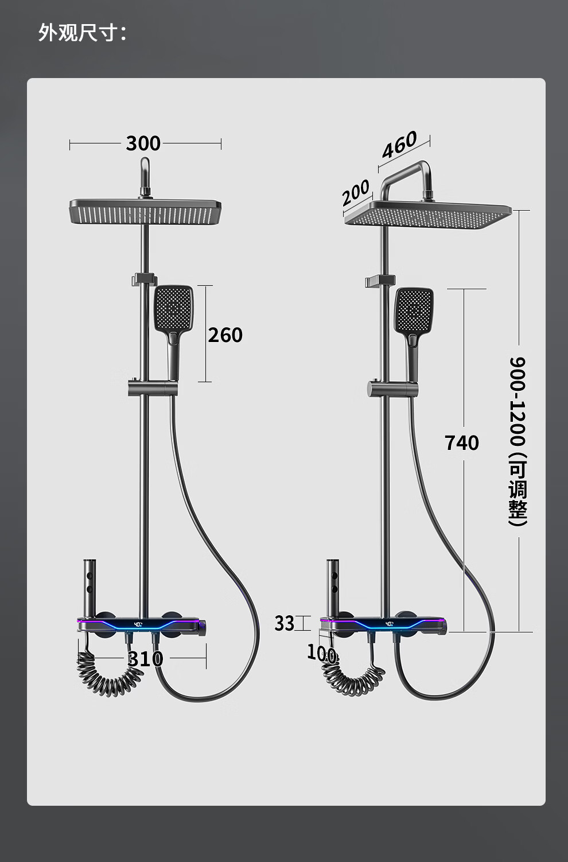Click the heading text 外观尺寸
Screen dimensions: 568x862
click(x=77, y=32)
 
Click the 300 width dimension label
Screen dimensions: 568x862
click(x=143, y=143)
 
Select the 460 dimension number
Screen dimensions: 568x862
click(x=399, y=145)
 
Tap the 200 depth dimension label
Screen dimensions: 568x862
click(x=356, y=192)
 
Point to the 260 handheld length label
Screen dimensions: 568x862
click(x=225, y=335)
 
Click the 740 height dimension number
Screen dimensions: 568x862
click(x=462, y=442)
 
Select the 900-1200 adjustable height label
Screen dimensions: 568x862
click(x=518, y=441)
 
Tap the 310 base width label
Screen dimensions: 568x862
click(x=146, y=659)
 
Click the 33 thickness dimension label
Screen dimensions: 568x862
click(x=284, y=623)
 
